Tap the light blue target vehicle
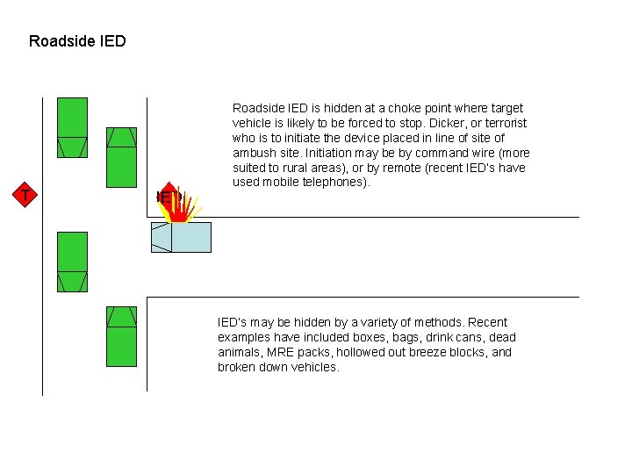pyautogui.click(x=182, y=237)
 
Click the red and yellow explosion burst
pyautogui.click(x=180, y=205)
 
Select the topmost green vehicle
pyautogui.click(x=72, y=127)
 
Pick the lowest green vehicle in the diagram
pyautogui.click(x=121, y=336)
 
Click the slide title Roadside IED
pyautogui.click(x=77, y=41)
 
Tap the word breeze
pyautogui.click(x=430, y=352)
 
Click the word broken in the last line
pyautogui.click(x=237, y=367)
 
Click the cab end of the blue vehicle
pyautogui.click(x=161, y=237)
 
